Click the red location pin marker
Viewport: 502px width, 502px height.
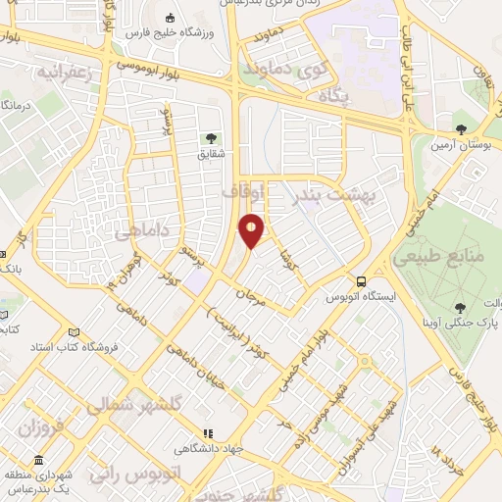tap(252, 230)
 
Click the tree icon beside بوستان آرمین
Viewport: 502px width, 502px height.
tap(460, 128)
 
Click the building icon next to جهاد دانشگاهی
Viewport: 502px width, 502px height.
tap(208, 433)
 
